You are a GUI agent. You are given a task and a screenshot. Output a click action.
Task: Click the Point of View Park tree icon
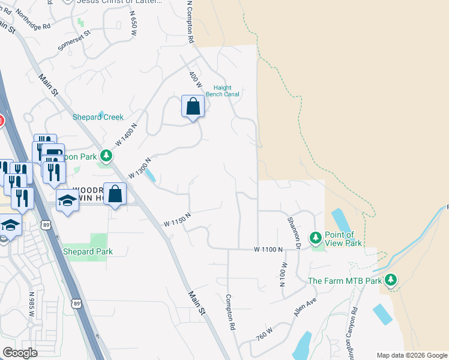(x=316, y=238)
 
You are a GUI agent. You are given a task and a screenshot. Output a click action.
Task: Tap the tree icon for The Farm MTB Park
(x=391, y=280)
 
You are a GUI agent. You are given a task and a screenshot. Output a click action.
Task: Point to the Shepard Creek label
(x=97, y=117)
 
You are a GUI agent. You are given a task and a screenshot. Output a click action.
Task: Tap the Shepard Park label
(x=88, y=251)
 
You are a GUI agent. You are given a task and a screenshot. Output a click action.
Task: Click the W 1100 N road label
(x=268, y=248)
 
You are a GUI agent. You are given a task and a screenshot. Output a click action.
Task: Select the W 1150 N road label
(x=177, y=220)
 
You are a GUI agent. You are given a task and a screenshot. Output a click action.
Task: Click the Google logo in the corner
(x=20, y=352)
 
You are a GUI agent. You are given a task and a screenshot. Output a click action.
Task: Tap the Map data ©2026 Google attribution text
(x=411, y=355)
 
